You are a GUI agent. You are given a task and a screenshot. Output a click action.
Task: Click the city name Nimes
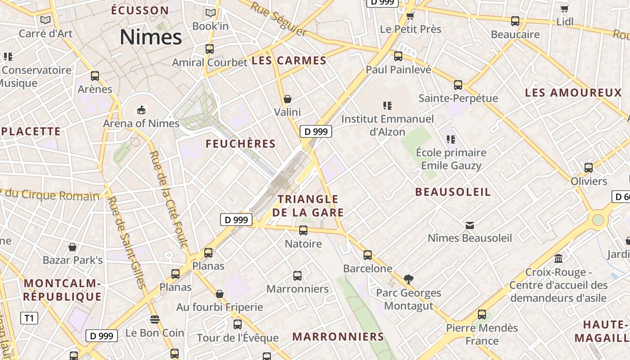[x=151, y=37]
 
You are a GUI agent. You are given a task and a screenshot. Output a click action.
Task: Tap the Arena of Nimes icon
[x=141, y=110]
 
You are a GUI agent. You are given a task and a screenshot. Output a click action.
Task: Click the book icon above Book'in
[x=210, y=13]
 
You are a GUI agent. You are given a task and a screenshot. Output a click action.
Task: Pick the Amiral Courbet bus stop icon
[x=209, y=49]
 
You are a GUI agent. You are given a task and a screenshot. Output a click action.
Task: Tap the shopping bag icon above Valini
[x=288, y=99]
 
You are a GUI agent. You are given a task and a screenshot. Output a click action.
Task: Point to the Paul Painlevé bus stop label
[x=398, y=70]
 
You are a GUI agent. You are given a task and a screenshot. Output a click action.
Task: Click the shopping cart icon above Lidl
[x=564, y=9]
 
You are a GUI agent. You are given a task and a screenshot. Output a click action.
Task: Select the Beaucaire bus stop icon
[x=515, y=21]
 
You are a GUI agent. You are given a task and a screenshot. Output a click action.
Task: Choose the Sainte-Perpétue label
[x=458, y=98]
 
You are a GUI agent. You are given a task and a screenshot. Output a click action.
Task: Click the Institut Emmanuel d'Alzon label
[x=387, y=125]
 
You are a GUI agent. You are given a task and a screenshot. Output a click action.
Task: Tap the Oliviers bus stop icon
[x=589, y=168]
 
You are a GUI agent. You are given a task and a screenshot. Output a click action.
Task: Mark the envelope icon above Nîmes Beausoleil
[x=470, y=225]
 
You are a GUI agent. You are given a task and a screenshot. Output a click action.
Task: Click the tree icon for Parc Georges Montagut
[x=409, y=279]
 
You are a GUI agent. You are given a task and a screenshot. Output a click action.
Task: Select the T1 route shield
[x=29, y=318]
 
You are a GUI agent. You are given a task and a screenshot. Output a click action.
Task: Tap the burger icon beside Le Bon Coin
[x=155, y=319]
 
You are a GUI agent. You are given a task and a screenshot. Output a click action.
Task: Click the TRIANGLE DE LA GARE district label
[x=308, y=206]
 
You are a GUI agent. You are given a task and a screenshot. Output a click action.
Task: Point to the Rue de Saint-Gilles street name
[x=127, y=243]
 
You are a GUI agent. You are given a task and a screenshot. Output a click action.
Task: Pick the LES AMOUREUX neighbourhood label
[x=573, y=93]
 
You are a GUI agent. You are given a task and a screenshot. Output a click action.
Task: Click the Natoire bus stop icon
[x=303, y=230]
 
